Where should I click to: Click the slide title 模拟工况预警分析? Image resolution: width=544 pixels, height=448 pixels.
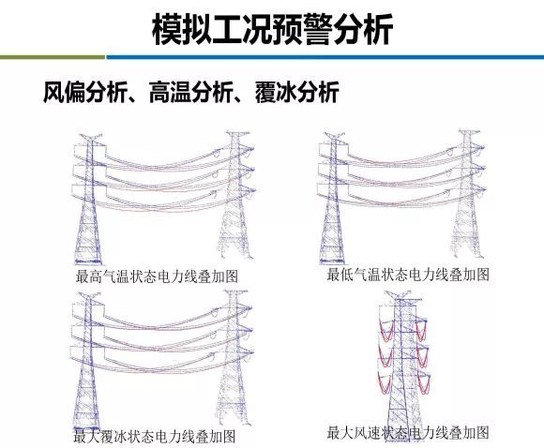[x=273, y=29]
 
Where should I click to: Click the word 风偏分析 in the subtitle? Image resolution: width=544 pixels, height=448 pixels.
[x=85, y=92]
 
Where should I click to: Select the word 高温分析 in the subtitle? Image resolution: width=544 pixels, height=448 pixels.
[x=190, y=92]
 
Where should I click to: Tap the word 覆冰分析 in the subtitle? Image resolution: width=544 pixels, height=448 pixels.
[x=296, y=92]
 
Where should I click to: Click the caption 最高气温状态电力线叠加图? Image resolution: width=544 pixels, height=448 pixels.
[x=157, y=276]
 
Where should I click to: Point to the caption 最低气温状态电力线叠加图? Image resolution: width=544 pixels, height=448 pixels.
[x=408, y=275]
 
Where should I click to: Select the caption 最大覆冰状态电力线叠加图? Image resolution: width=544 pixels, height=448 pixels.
[x=155, y=436]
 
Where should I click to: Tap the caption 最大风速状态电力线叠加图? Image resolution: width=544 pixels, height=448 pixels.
[x=408, y=432]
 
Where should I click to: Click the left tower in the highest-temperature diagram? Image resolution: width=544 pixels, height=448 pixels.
[x=88, y=199]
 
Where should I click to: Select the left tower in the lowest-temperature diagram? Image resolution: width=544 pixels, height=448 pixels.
[x=332, y=199]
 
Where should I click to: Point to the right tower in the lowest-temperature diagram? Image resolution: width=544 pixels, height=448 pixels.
[x=469, y=193]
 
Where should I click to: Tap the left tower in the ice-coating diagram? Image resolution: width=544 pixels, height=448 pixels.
[x=87, y=361]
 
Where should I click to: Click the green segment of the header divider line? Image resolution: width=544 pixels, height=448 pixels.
[x=53, y=57]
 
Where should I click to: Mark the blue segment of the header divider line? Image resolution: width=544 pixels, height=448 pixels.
[x=325, y=57]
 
